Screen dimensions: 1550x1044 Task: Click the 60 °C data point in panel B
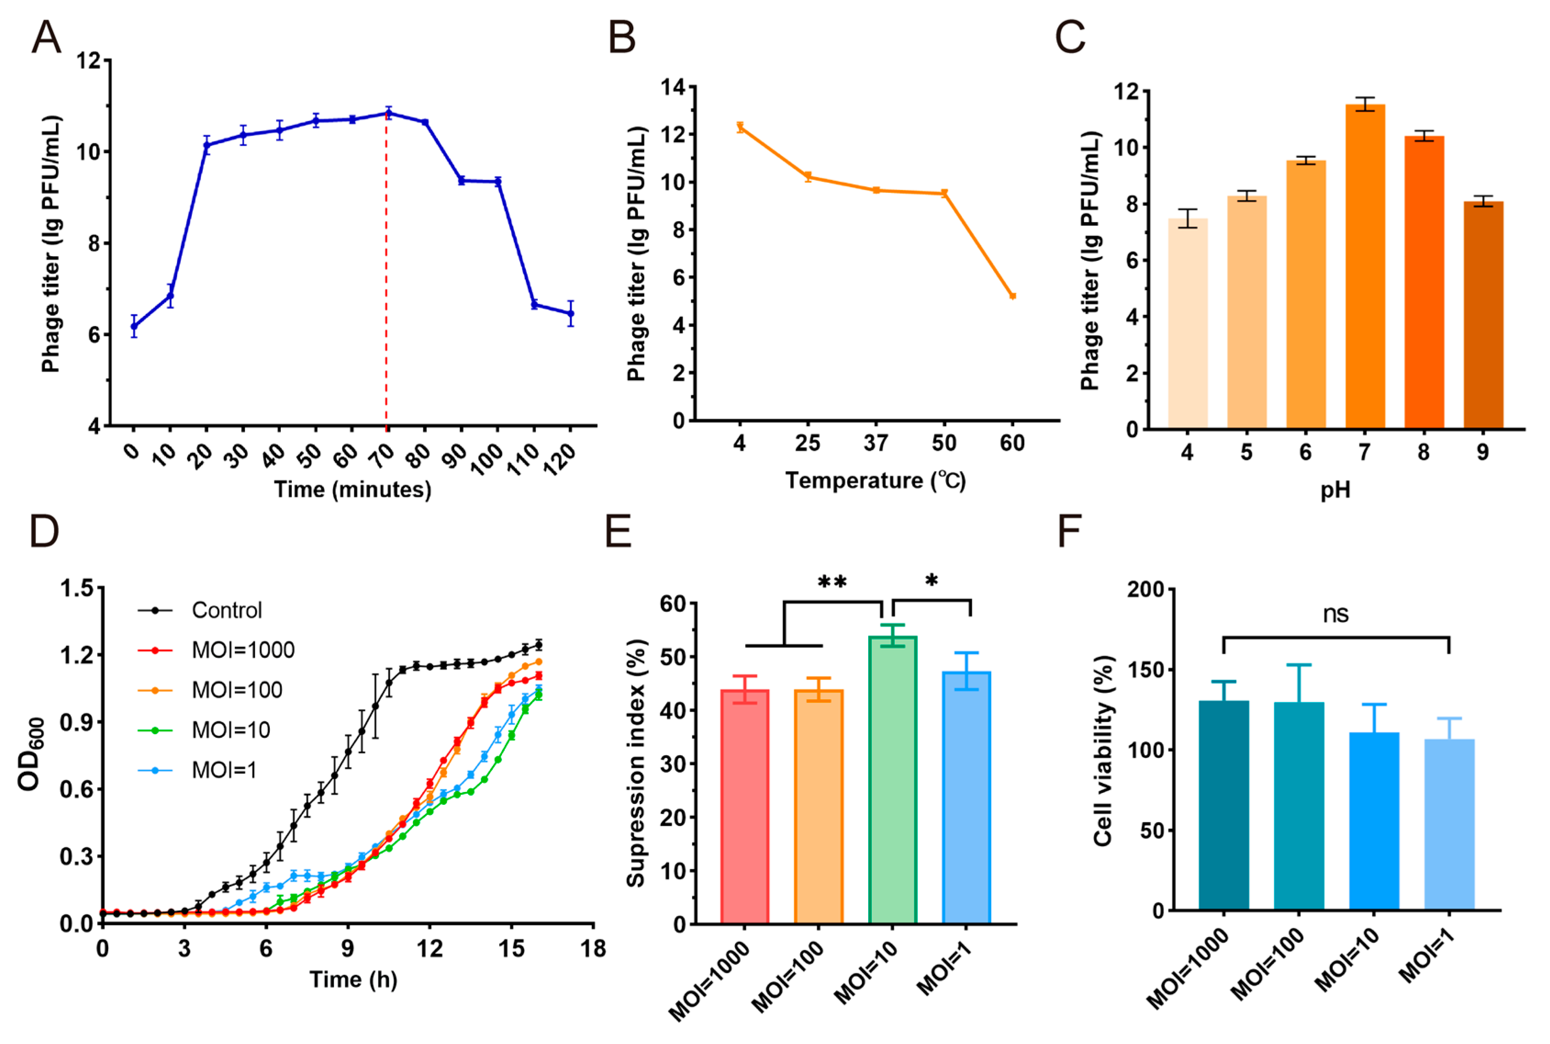point(1012,296)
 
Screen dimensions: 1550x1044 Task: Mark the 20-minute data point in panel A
point(207,145)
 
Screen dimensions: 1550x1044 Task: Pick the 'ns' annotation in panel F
point(1336,614)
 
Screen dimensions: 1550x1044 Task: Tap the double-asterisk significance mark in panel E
point(832,583)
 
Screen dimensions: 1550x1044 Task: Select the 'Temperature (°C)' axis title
point(875,480)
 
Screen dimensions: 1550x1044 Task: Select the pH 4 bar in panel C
point(1188,324)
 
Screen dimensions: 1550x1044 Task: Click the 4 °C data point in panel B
point(739,127)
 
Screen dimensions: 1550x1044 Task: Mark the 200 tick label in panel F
point(1146,589)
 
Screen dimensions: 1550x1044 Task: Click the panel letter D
point(45,531)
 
